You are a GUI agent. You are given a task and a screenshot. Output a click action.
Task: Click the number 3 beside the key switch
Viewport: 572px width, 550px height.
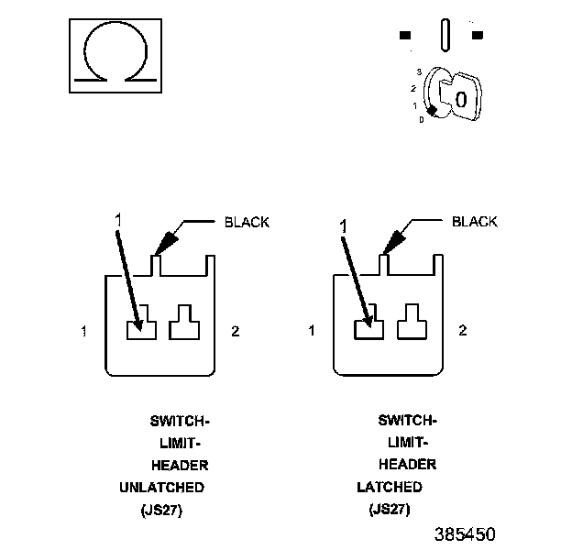(418, 71)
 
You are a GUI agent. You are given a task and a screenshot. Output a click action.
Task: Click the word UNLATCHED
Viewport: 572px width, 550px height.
(162, 487)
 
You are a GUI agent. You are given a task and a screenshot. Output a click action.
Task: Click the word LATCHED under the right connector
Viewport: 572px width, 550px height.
(390, 487)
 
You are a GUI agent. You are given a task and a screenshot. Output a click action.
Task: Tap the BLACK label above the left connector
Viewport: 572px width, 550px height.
(247, 222)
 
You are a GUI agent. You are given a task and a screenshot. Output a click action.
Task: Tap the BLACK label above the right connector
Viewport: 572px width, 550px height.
(475, 222)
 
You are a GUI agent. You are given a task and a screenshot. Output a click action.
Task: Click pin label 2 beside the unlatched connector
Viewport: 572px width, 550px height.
(236, 331)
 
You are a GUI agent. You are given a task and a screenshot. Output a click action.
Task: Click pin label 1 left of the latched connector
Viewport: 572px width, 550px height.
(312, 331)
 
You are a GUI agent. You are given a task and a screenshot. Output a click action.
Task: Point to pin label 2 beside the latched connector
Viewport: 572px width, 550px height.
(462, 331)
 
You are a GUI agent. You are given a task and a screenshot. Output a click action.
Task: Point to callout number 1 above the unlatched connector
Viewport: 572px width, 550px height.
(116, 219)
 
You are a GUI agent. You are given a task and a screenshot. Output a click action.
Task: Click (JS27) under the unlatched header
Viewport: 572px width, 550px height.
(162, 510)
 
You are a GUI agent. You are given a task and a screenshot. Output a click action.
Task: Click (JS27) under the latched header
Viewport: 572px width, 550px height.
(390, 510)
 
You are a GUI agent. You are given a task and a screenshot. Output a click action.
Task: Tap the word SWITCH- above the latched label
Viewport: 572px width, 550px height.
(407, 421)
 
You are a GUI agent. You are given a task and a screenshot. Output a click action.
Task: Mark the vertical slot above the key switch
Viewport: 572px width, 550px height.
(445, 36)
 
